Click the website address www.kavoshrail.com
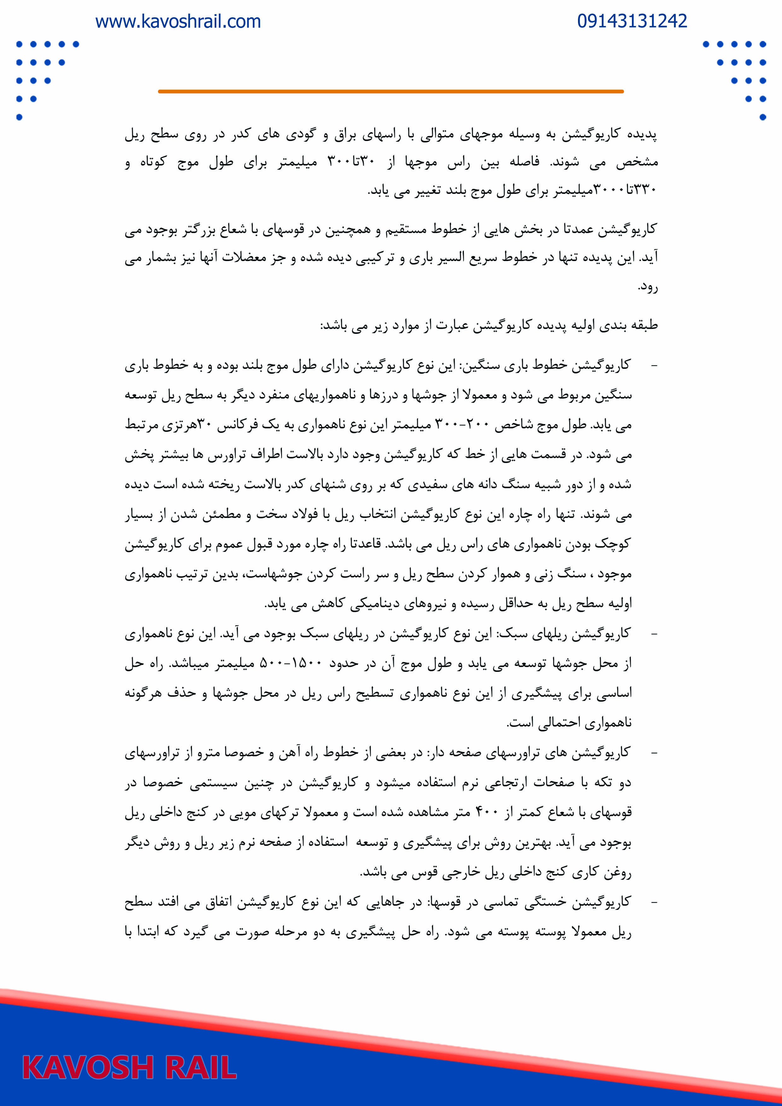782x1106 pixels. pyautogui.click(x=178, y=22)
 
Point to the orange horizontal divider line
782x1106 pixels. pyautogui.click(x=391, y=91)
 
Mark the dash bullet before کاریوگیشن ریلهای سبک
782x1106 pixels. pyautogui.click(x=654, y=634)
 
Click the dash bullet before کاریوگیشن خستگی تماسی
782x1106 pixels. pyautogui.click(x=654, y=903)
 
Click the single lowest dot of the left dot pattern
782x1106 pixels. pyautogui.click(x=19, y=117)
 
